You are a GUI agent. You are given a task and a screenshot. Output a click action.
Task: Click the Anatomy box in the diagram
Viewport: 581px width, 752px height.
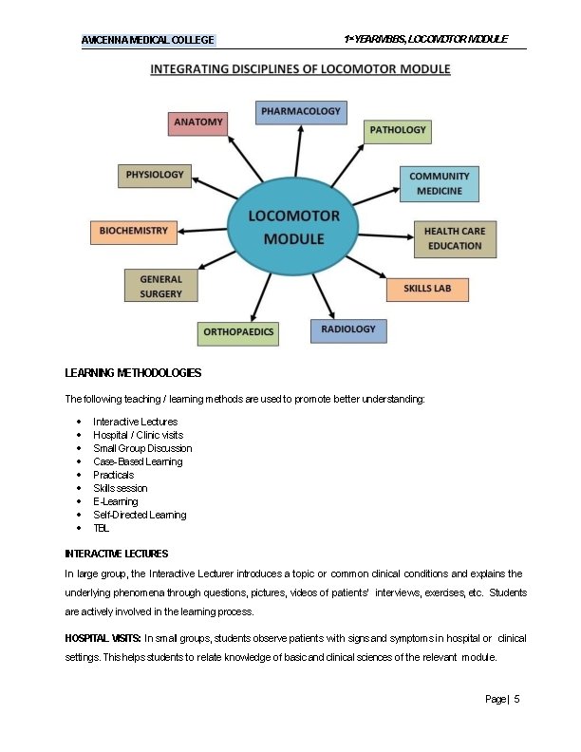tap(198, 122)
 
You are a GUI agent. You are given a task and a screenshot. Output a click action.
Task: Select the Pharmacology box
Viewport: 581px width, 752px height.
tap(300, 112)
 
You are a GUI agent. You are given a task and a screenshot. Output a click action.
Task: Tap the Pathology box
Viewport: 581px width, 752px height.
tap(398, 130)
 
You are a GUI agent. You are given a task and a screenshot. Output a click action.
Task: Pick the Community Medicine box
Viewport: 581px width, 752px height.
tap(439, 183)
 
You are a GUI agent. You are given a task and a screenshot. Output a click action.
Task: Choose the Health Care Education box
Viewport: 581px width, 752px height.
tap(454, 238)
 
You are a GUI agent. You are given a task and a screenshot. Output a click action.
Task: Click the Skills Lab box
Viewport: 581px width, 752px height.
tap(427, 289)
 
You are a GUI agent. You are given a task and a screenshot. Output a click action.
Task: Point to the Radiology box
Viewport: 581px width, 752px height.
tap(348, 329)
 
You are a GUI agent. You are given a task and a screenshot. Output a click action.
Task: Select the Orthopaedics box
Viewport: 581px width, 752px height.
tap(238, 332)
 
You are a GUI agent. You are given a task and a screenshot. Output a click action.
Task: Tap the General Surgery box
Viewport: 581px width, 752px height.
tap(160, 286)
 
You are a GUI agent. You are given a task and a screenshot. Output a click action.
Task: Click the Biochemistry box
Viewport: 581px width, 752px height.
tap(134, 231)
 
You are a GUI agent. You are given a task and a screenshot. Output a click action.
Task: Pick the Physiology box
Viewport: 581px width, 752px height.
tap(155, 175)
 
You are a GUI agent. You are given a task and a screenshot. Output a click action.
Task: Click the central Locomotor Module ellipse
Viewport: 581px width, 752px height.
tap(293, 227)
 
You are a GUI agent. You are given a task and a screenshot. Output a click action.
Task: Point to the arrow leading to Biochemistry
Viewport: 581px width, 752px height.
tap(203, 230)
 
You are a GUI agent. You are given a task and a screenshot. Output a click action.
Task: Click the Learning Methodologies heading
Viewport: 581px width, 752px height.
tap(133, 372)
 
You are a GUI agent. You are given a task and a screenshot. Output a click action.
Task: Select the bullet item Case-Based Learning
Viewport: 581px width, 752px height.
tap(137, 461)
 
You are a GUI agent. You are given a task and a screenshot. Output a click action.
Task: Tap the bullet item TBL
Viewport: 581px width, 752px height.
tap(101, 528)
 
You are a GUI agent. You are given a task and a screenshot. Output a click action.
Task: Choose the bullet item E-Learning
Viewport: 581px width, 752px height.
tap(115, 501)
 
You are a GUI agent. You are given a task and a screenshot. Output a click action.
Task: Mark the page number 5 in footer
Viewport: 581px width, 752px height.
tap(516, 699)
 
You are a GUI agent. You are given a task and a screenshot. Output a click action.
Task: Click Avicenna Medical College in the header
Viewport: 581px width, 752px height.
tap(148, 40)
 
